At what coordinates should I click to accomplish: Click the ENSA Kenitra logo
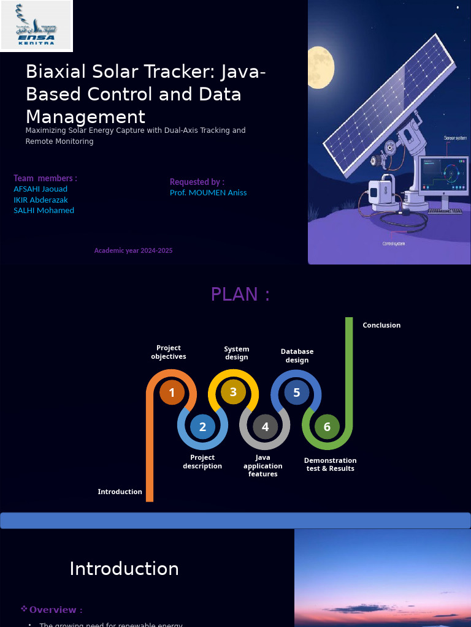point(36,26)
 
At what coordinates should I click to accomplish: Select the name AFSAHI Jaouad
point(40,189)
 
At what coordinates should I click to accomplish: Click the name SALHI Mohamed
point(44,210)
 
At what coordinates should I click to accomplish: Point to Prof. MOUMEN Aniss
point(208,192)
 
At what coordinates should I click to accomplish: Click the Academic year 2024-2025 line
point(133,250)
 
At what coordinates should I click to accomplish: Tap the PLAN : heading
point(240,294)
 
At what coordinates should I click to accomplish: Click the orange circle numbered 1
point(172,392)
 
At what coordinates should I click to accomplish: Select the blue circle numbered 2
point(202,427)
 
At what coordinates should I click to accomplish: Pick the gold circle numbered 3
point(233,392)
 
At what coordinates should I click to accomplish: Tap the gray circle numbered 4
point(265,427)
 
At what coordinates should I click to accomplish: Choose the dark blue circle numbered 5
point(296,392)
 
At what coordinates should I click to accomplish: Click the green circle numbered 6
point(327,427)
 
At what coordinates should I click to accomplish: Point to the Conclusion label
point(381,325)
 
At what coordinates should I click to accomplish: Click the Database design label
point(297,356)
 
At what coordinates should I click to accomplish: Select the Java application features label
point(262,465)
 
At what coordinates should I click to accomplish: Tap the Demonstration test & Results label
point(330,464)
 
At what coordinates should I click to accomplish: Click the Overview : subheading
point(55,610)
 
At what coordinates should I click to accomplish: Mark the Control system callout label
point(394,244)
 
